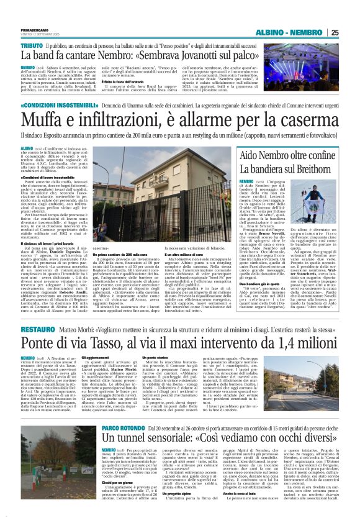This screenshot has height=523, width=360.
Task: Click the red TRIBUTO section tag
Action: point(32,46)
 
